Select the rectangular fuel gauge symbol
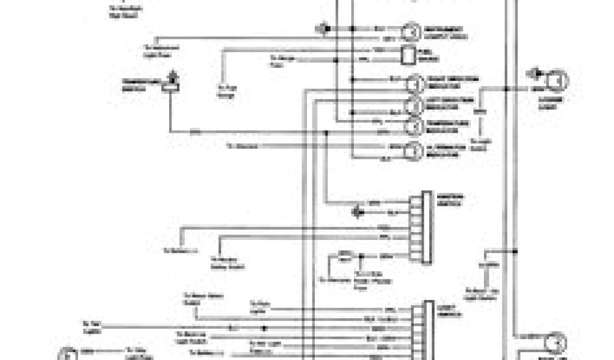pyautogui.click(x=408, y=55)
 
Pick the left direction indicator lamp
pyautogui.click(x=413, y=104)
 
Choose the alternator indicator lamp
pyautogui.click(x=413, y=151)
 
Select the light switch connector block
pyautogui.click(x=428, y=330)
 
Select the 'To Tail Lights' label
pyautogui.click(x=93, y=326)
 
